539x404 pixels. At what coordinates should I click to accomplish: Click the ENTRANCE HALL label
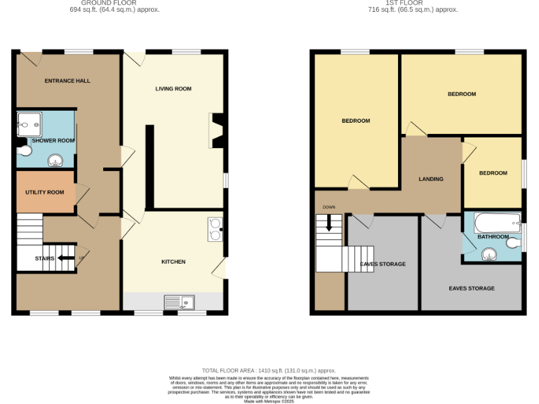point(67,81)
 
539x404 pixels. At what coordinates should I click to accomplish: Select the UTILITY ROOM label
point(45,192)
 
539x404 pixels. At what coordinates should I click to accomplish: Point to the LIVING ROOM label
point(173,88)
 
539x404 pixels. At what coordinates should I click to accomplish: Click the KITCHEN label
point(173,262)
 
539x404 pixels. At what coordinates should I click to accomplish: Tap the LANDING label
point(431,179)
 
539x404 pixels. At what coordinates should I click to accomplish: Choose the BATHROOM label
point(493,237)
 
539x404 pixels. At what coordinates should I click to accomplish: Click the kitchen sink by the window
point(180,302)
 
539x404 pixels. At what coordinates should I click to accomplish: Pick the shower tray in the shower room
point(29,123)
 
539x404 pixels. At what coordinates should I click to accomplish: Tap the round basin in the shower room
point(55,162)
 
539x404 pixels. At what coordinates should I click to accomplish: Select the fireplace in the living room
point(215,131)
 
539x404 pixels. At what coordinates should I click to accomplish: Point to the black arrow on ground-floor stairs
point(66,258)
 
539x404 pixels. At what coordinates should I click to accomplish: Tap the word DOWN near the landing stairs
point(328,208)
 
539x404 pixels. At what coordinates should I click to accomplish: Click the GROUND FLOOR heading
point(114,3)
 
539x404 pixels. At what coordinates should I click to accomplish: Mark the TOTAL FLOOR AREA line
point(269,370)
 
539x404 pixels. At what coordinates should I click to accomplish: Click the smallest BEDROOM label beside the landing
point(493,173)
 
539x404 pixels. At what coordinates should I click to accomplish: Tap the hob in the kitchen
point(215,229)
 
